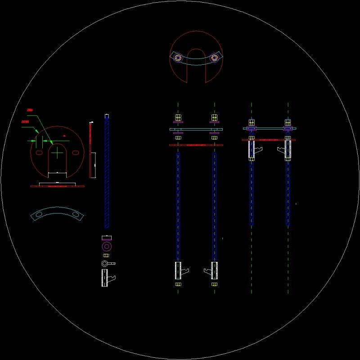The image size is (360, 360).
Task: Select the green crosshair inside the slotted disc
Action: pyautogui.click(x=58, y=153)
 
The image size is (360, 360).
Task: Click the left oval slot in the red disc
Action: pyautogui.click(x=40, y=153)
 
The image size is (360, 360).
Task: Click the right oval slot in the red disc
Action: pyautogui.click(x=76, y=153)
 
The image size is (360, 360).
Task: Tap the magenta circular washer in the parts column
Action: pyautogui.click(x=107, y=246)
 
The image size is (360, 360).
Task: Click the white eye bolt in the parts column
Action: pyautogui.click(x=106, y=263)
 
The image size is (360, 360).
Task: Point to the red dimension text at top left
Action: pyautogui.click(x=30, y=110)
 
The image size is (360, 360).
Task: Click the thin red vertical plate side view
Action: pyautogui.click(x=90, y=148)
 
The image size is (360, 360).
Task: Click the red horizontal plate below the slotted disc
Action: pyautogui.click(x=57, y=186)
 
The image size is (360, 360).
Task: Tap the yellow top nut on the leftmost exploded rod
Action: pyautogui.click(x=178, y=118)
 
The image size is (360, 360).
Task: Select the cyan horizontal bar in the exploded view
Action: pyautogui.click(x=196, y=129)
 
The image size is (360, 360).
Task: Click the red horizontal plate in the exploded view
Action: pyautogui.click(x=196, y=145)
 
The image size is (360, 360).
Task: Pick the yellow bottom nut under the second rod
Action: pyautogui.click(x=214, y=284)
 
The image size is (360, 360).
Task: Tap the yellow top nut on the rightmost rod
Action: pyautogui.click(x=288, y=122)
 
